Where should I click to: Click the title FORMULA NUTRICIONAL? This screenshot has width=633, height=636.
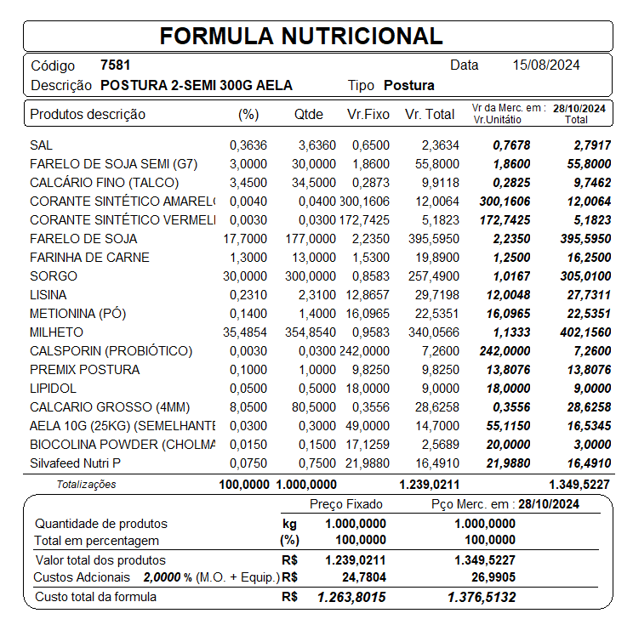coord(301,36)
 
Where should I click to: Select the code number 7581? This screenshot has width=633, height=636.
coord(115,65)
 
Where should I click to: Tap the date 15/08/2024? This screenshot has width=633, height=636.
coord(547,65)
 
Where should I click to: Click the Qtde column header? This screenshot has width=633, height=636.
coord(311,114)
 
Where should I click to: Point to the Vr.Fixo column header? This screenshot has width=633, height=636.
coord(368,114)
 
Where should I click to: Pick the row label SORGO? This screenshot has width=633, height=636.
coord(53,276)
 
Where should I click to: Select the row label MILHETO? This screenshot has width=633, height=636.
coord(56,332)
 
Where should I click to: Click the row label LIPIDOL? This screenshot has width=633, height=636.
coord(53,389)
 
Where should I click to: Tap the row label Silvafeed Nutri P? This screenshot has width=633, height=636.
coord(75,463)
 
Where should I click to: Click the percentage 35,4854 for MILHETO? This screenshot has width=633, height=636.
coord(245,332)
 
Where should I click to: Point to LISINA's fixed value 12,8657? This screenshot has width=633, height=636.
coord(368,295)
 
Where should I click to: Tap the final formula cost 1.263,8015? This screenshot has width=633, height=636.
coord(351,598)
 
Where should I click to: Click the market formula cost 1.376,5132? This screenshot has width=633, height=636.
coord(481,598)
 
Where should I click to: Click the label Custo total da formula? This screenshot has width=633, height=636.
coord(95,597)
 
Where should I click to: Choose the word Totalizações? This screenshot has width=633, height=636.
coord(86,485)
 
